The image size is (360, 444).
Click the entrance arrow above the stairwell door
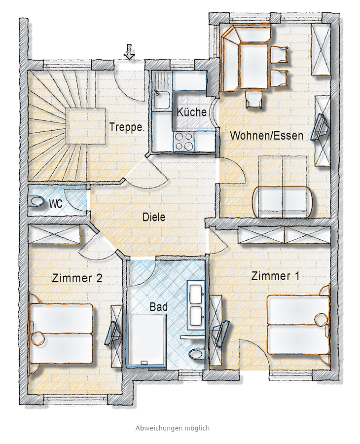click(130, 51)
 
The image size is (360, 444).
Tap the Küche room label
click(192, 112)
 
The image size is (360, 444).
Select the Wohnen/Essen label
click(267, 136)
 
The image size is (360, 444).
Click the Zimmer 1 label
click(275, 276)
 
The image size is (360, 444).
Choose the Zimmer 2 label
click(77, 278)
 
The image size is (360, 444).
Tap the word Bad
click(158, 307)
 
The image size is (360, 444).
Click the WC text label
click(56, 204)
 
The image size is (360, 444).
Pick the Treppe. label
click(127, 127)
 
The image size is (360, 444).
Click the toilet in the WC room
click(36, 202)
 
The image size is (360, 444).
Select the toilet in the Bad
click(196, 353)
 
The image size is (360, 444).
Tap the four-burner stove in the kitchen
click(183, 141)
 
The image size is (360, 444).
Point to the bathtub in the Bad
click(147, 340)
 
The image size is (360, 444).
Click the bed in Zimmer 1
click(298, 325)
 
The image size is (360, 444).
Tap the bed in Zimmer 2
click(62, 333)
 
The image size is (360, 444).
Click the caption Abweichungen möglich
click(173, 428)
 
